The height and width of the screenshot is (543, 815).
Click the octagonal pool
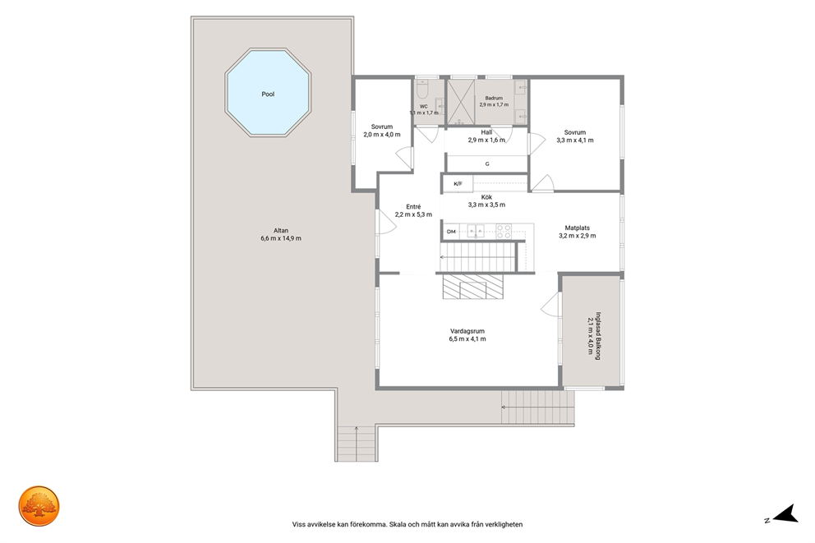(268, 93)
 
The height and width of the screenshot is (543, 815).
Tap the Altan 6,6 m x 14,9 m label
(281, 234)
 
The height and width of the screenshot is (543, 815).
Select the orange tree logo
(39, 506)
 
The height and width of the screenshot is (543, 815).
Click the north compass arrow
(785, 513)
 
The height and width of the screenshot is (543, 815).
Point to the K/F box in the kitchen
(458, 183)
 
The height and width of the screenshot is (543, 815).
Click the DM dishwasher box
(451, 231)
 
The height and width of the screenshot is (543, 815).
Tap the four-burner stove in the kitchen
(503, 231)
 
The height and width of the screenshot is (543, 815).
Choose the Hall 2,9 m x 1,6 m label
(486, 136)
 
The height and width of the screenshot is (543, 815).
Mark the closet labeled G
(487, 163)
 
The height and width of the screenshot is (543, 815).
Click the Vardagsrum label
(467, 335)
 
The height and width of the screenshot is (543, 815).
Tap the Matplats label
(577, 232)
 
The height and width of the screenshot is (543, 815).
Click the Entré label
(413, 210)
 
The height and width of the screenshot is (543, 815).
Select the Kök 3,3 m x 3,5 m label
(486, 201)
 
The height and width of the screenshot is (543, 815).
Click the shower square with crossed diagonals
(461, 103)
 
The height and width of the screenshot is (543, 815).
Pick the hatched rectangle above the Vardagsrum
(473, 287)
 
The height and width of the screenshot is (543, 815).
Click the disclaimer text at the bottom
(407, 524)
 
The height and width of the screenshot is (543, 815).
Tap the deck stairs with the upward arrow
(356, 444)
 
